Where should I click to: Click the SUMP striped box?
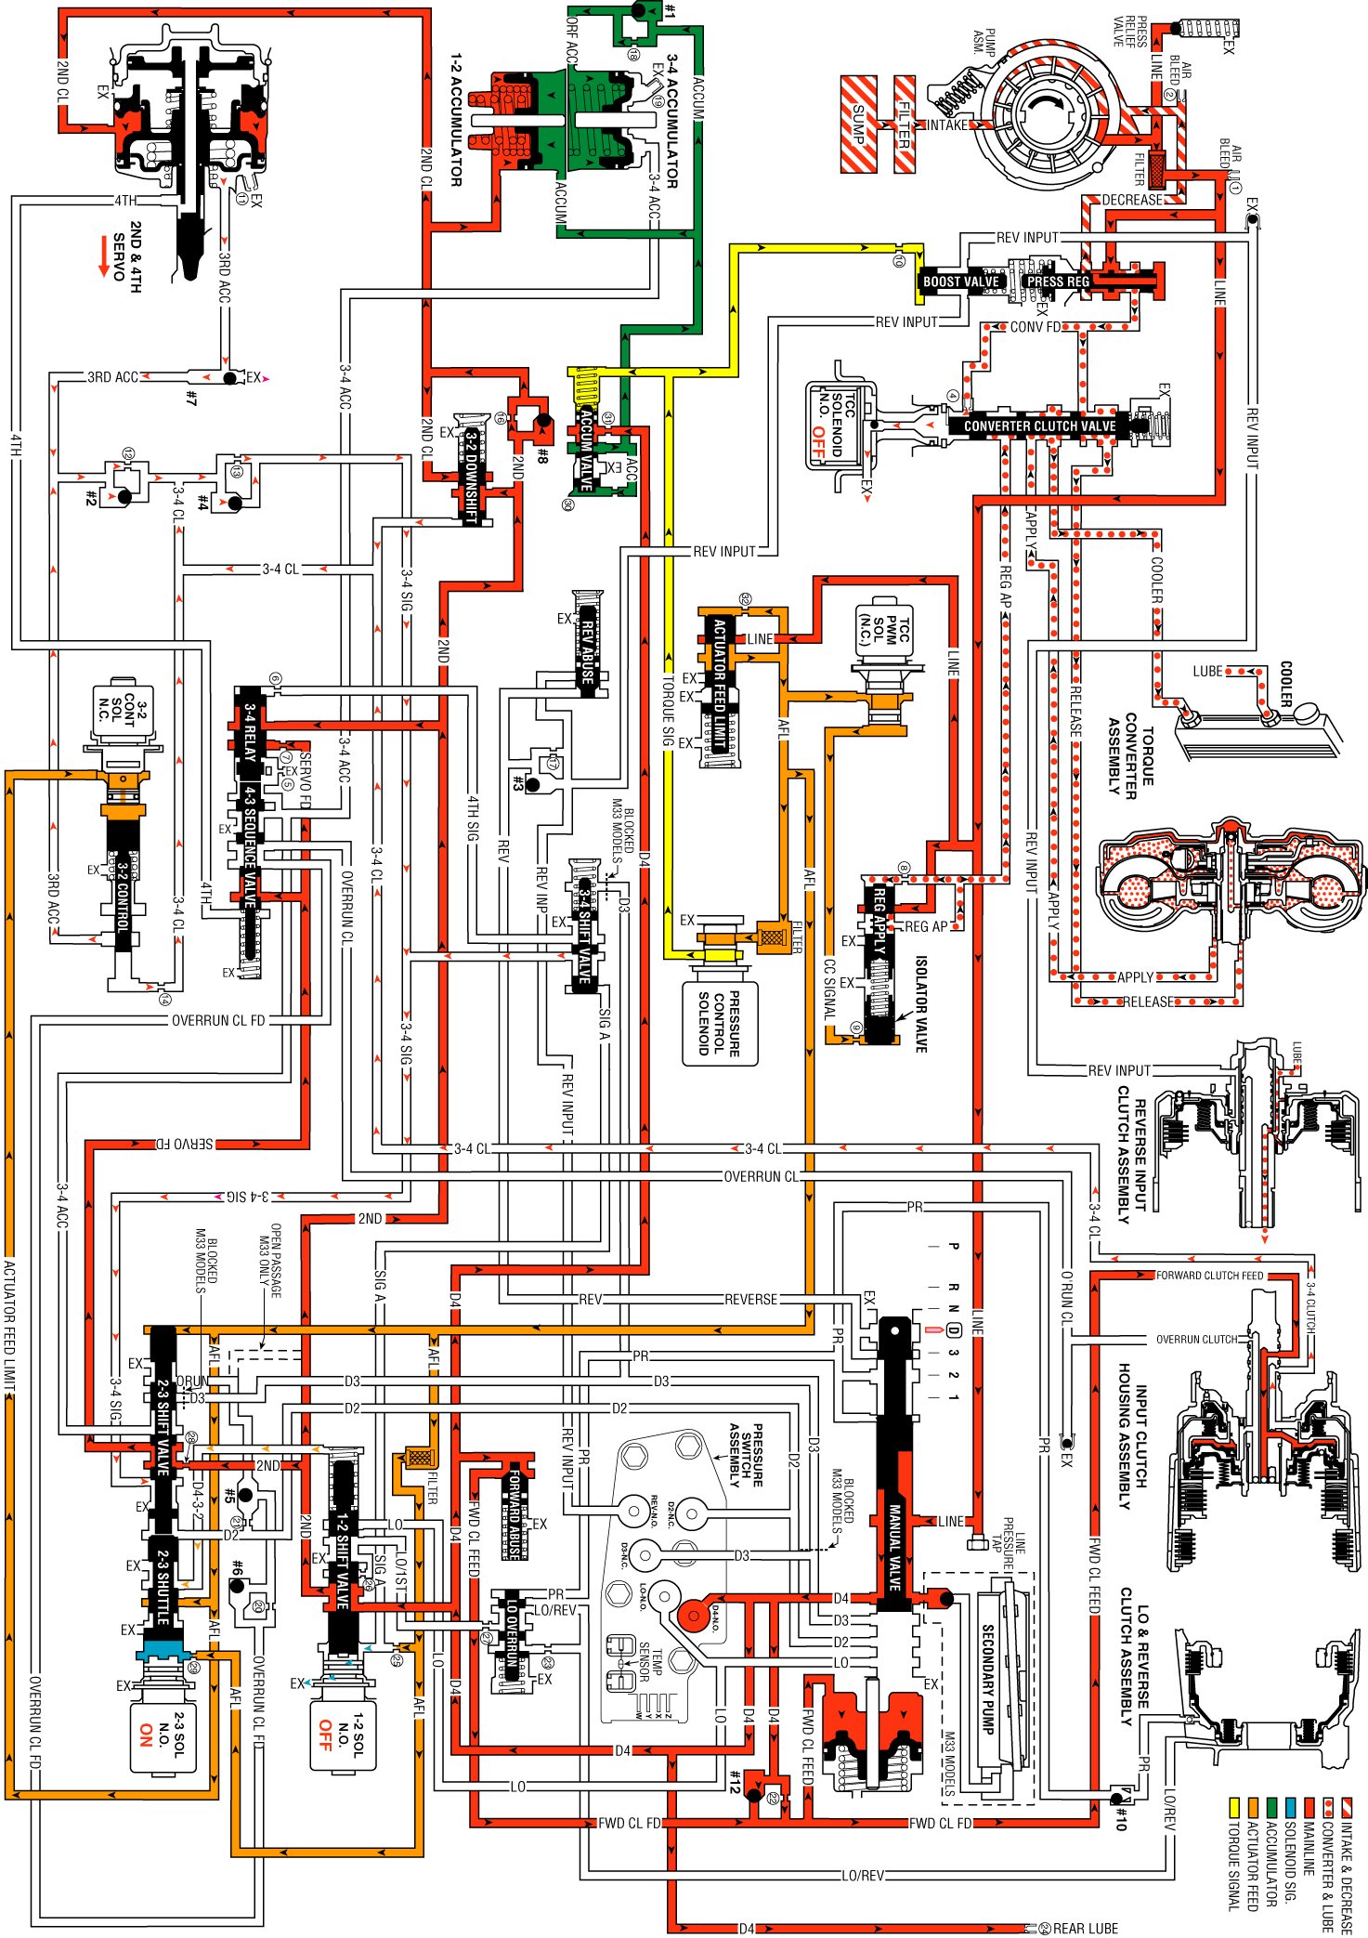[x=858, y=124]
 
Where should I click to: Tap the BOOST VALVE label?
[x=960, y=282]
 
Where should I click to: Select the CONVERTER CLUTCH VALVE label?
[x=1039, y=426]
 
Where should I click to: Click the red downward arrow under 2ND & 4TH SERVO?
[x=104, y=255]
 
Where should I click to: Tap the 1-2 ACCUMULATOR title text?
[x=456, y=120]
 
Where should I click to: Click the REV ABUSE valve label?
[x=587, y=646]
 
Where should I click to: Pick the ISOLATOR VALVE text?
[x=920, y=1003]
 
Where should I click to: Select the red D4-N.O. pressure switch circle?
[x=692, y=1617]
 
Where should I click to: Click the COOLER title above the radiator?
[x=1286, y=683]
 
